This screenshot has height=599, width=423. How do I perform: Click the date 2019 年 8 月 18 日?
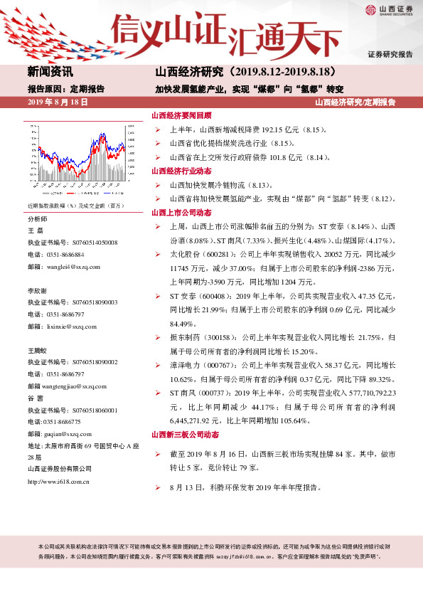[57, 102]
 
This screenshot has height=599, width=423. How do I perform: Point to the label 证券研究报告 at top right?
[390, 55]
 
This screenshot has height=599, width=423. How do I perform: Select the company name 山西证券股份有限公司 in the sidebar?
[59, 468]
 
